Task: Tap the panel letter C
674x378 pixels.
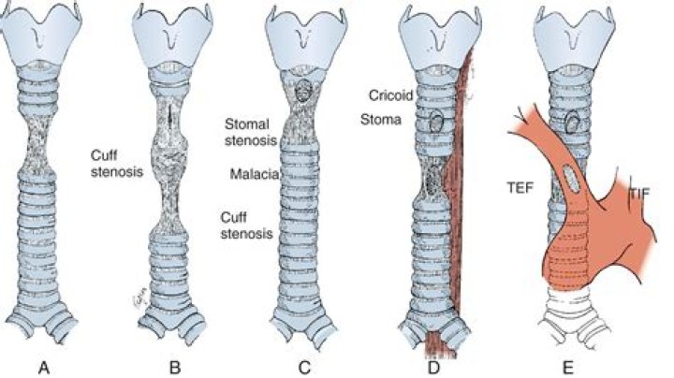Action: click(302, 367)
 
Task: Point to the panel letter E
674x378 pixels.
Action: click(564, 367)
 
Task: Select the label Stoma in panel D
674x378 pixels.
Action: click(380, 119)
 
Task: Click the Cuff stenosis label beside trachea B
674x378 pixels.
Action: click(112, 163)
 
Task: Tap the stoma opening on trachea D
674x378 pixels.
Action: click(434, 120)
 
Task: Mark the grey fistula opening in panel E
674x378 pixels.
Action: click(573, 181)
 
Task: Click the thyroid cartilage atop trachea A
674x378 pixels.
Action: click(42, 37)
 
